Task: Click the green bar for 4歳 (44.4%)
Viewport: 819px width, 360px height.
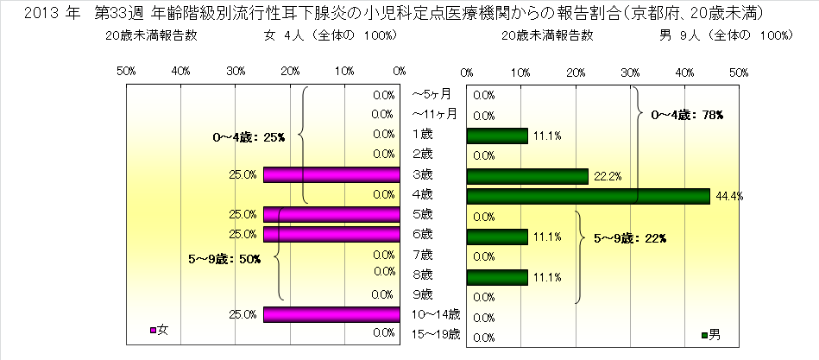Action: [x=587, y=196]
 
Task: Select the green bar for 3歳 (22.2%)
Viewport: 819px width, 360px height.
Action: [x=526, y=176]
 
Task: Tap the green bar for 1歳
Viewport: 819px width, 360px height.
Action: [x=496, y=136]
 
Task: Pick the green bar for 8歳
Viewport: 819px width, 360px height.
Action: [x=496, y=277]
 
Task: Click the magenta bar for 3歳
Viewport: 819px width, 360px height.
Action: [x=331, y=175]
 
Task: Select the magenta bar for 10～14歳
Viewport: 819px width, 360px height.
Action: [x=331, y=313]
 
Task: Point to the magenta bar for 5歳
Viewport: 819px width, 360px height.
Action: [x=331, y=214]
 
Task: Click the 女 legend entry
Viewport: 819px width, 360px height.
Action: [x=160, y=330]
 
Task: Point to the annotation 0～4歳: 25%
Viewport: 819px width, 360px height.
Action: [x=249, y=136]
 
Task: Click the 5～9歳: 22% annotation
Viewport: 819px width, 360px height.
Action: [x=630, y=237]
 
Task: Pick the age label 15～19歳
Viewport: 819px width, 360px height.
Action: [x=436, y=333]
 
